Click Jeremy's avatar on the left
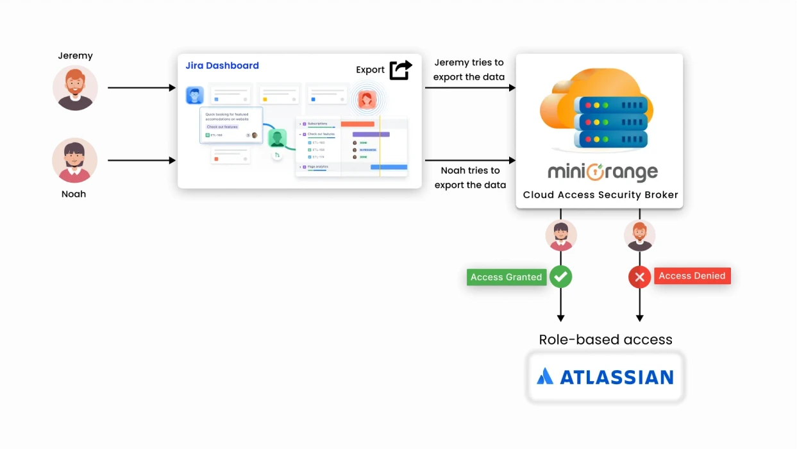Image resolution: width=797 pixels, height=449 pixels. (75, 88)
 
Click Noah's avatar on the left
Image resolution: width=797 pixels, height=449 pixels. (74, 160)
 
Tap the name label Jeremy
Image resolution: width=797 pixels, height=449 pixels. (75, 56)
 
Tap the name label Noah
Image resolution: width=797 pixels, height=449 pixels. (74, 194)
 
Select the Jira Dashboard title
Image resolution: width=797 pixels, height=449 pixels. (222, 65)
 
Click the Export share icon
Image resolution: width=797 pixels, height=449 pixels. (401, 69)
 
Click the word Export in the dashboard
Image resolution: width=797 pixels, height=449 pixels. (370, 70)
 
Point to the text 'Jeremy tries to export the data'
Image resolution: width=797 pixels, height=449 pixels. (469, 70)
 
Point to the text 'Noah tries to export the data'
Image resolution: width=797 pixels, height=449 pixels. (470, 178)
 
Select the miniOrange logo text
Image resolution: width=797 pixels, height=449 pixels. (602, 173)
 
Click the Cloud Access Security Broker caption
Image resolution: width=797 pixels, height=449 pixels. (600, 195)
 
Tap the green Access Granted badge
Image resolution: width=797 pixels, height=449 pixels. (506, 277)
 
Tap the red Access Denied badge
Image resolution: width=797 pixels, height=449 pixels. (692, 276)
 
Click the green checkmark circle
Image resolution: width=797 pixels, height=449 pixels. (561, 276)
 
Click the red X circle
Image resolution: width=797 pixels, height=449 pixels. (639, 277)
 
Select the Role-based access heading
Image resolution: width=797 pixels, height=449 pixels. (605, 339)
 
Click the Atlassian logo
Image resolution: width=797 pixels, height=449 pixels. (605, 377)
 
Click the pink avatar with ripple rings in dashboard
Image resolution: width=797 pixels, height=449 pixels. (367, 99)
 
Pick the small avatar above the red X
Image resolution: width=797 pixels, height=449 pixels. (639, 235)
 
